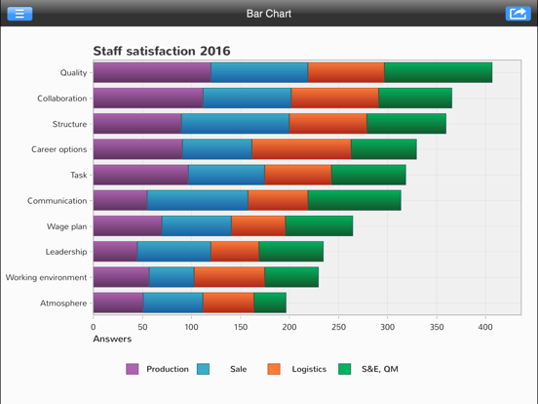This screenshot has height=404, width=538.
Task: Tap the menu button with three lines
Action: pyautogui.click(x=19, y=14)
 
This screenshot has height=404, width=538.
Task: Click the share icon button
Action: pyautogui.click(x=518, y=14)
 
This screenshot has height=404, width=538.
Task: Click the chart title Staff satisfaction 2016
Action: pyautogui.click(x=162, y=51)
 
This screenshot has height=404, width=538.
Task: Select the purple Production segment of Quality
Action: pyautogui.click(x=152, y=72)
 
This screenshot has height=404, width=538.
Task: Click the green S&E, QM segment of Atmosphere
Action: pyautogui.click(x=270, y=303)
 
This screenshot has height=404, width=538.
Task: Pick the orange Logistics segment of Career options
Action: pyautogui.click(x=301, y=149)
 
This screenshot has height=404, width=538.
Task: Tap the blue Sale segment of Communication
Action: pyautogui.click(x=198, y=200)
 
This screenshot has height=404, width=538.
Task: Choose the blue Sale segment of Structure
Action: pyautogui.click(x=236, y=124)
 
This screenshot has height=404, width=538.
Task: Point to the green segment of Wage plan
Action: pyautogui.click(x=319, y=226)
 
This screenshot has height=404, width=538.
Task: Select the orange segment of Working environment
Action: pyautogui.click(x=229, y=277)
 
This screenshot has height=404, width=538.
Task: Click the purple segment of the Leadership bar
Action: pyautogui.click(x=115, y=252)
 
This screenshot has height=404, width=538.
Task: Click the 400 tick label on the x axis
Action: pyautogui.click(x=485, y=327)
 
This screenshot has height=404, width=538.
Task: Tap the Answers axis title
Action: pyautogui.click(x=112, y=339)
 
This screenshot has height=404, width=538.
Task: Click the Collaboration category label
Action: pyautogui.click(x=62, y=99)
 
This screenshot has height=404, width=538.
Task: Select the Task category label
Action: pyautogui.click(x=79, y=176)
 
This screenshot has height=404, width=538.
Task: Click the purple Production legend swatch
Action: pyautogui.click(x=133, y=369)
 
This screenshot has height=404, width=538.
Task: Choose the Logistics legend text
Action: pyautogui.click(x=309, y=369)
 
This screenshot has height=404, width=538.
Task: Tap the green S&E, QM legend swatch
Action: pyautogui.click(x=344, y=369)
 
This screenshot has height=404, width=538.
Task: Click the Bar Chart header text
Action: pyautogui.click(x=269, y=14)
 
